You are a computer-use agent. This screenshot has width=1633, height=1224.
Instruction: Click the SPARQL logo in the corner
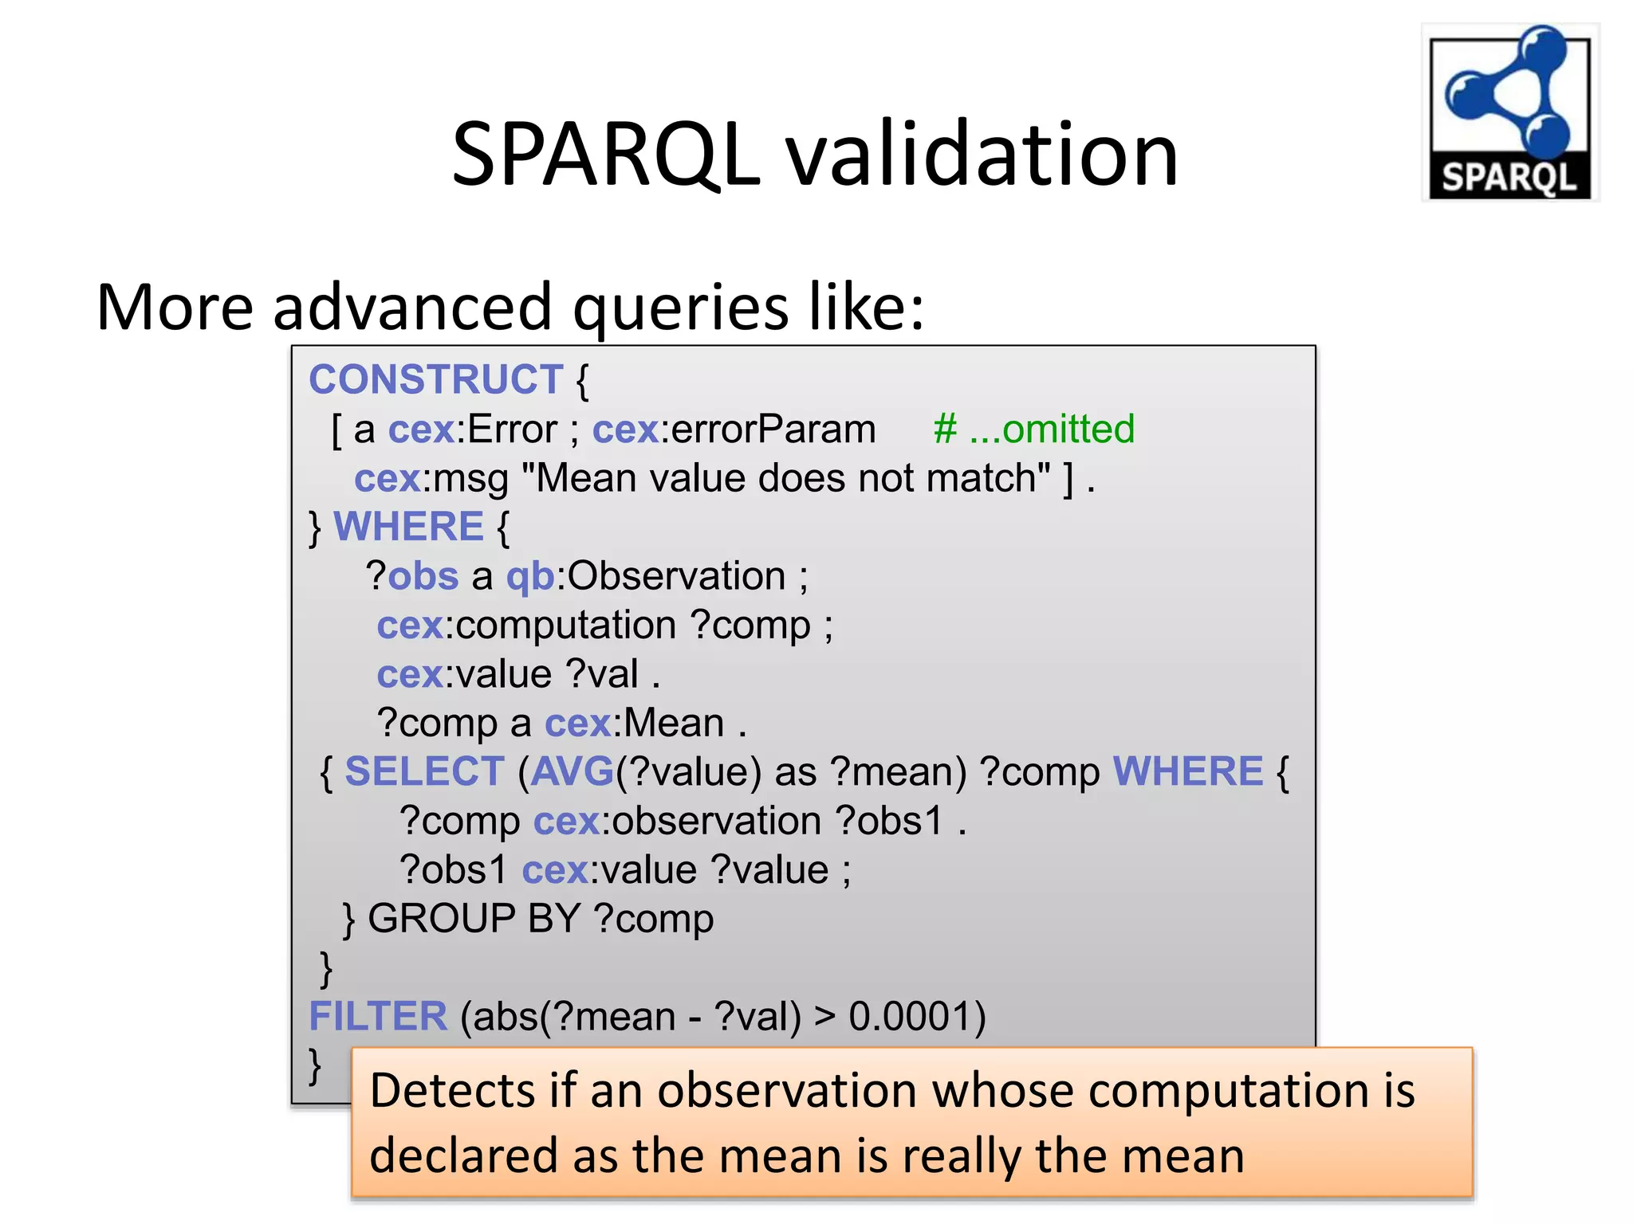click(x=1509, y=112)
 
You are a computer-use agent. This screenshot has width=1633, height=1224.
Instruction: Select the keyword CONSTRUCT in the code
click(x=435, y=379)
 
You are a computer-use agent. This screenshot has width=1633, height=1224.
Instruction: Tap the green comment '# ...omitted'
click(x=1033, y=430)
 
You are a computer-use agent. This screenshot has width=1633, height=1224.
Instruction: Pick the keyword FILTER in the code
click(x=378, y=1017)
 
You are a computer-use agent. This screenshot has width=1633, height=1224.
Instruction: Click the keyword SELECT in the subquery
click(x=424, y=772)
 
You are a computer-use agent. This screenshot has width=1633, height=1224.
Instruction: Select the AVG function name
click(x=572, y=772)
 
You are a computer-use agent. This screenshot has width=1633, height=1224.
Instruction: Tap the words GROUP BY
click(x=474, y=919)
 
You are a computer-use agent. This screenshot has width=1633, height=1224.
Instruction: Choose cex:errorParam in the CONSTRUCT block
click(x=734, y=430)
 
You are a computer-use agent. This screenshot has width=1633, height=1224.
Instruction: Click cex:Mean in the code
click(x=635, y=724)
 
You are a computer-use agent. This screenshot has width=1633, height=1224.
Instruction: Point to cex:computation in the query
click(x=526, y=626)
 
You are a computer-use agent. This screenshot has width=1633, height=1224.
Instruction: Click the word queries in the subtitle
click(x=680, y=308)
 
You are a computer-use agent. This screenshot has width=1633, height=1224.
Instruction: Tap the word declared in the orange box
click(x=462, y=1156)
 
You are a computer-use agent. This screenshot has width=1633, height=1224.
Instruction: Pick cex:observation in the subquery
click(x=677, y=822)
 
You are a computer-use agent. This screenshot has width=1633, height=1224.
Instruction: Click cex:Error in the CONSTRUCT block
click(x=472, y=430)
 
